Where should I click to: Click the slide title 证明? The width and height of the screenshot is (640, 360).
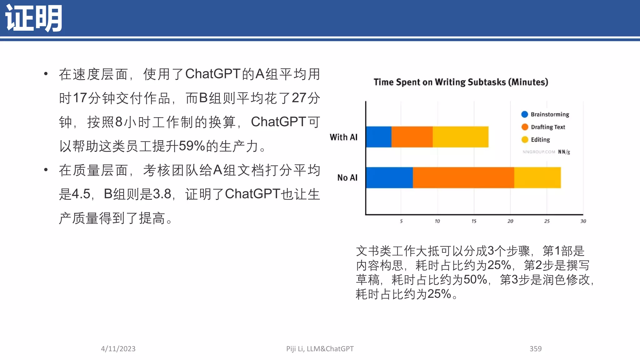coord(34,18)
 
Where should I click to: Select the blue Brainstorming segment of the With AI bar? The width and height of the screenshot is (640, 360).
coord(378,137)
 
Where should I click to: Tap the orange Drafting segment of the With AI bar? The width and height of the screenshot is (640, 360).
coord(412,137)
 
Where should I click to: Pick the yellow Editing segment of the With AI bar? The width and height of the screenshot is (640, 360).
coord(460,137)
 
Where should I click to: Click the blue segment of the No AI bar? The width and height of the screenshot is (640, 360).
coord(389,177)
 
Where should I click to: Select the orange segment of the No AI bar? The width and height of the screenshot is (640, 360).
coord(463,177)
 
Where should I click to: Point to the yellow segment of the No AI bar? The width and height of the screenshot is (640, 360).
coord(537,177)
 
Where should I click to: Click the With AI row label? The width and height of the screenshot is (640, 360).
coord(343,137)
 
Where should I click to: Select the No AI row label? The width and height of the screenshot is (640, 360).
coord(347,177)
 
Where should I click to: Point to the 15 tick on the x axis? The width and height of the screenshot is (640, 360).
coord(474,221)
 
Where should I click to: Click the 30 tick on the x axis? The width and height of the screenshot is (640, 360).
coord(583,221)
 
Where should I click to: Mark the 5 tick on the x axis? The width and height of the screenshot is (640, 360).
coord(401,221)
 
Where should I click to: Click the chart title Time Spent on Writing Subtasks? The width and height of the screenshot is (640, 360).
coord(461,82)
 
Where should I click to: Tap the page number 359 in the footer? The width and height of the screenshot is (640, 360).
coord(535,349)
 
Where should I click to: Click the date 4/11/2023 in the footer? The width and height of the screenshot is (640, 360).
coord(118,349)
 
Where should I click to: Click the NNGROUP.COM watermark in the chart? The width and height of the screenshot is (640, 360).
coord(539,152)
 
